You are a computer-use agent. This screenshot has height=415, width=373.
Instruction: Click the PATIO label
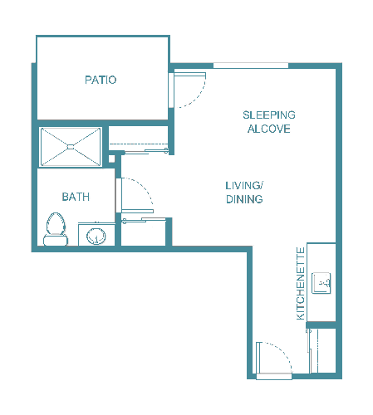[x=101, y=81]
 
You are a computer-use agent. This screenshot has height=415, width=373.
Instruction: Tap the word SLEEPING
[x=269, y=115]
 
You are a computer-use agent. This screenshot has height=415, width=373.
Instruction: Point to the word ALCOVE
[x=269, y=129]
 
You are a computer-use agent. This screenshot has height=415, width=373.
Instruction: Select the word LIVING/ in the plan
[x=244, y=184]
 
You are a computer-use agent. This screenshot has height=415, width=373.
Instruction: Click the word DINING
[x=244, y=199]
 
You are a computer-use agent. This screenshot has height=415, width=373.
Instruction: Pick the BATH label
[x=76, y=197]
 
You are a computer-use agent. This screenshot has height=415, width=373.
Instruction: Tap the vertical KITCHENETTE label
[x=301, y=283]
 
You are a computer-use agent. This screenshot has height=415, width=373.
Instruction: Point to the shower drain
[x=71, y=147]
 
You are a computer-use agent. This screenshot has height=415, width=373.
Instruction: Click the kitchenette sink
[x=321, y=284]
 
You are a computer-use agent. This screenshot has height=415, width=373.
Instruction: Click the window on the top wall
[x=251, y=66]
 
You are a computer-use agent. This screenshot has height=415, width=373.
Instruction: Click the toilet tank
[x=55, y=241]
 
